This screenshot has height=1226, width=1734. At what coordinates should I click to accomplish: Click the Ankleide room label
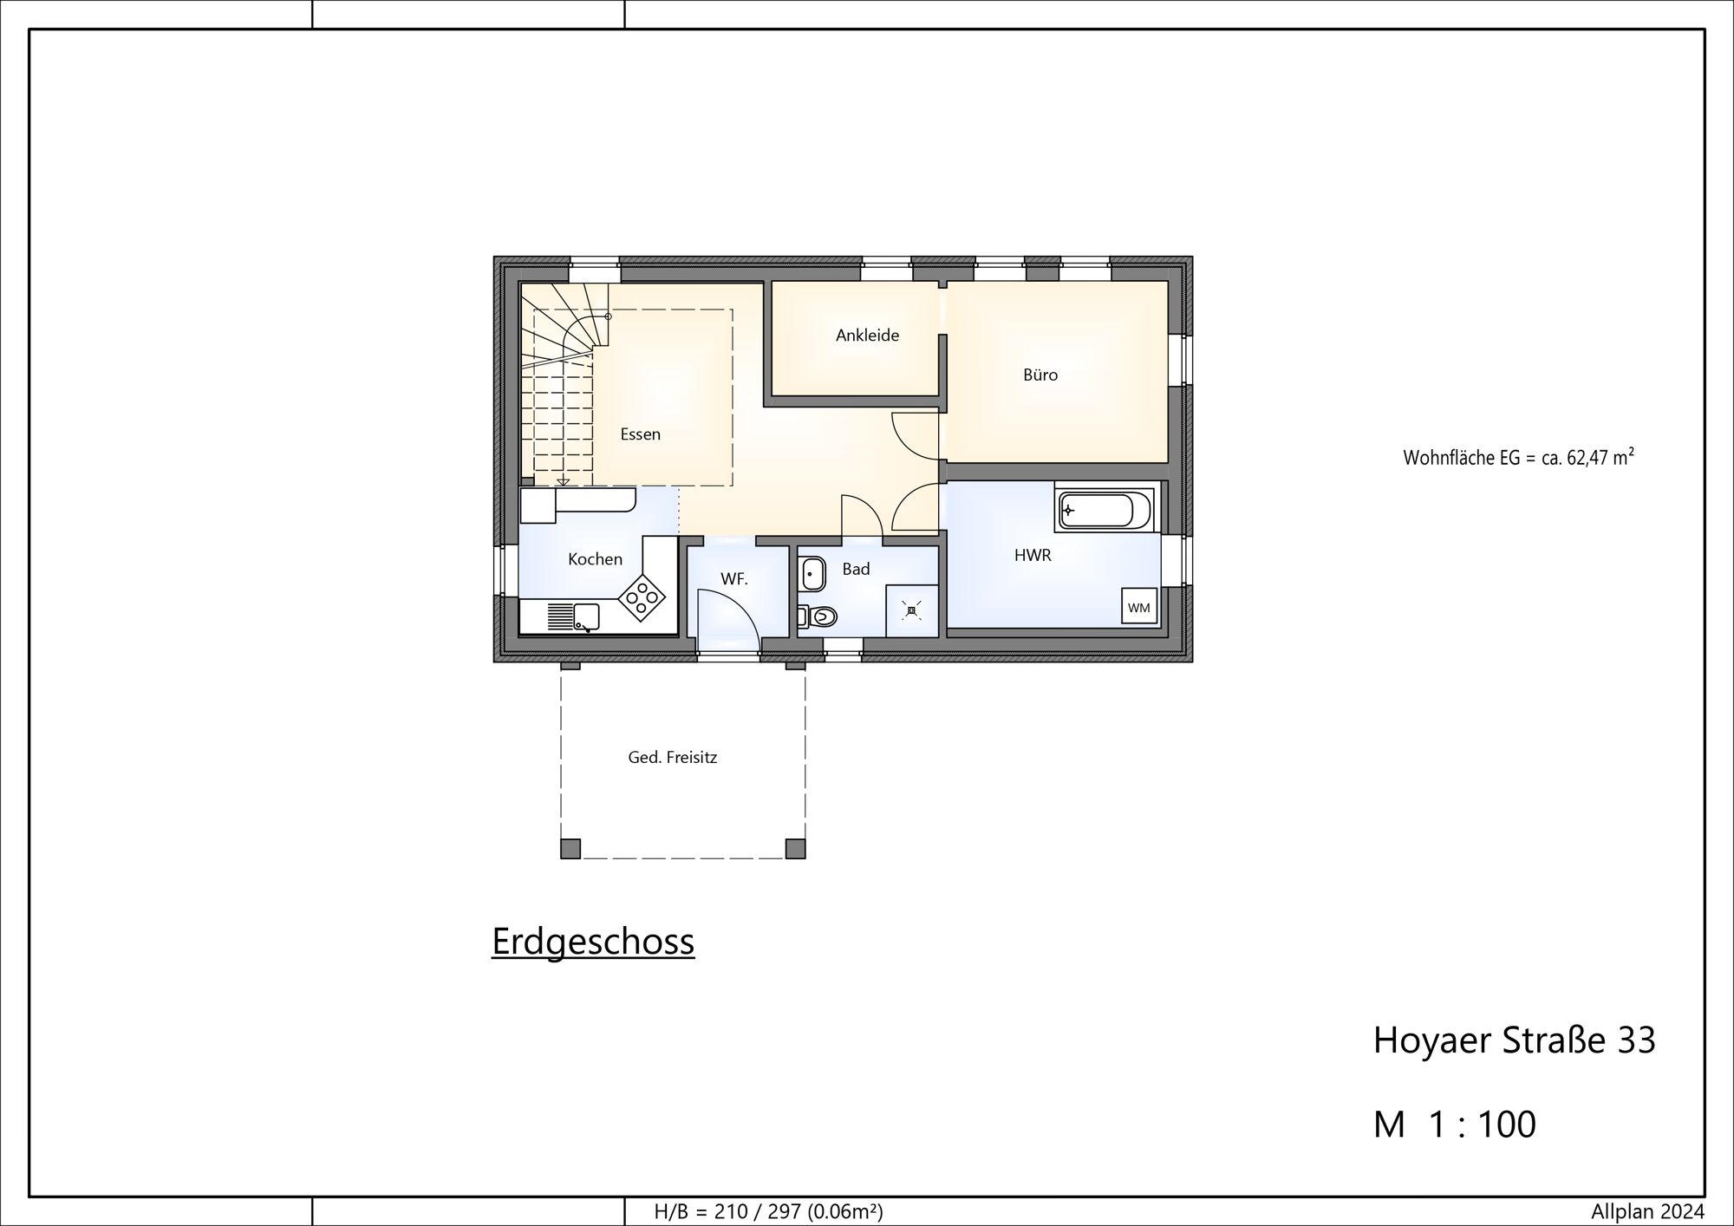point(867,336)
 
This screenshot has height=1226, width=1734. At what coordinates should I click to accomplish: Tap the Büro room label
point(1040,375)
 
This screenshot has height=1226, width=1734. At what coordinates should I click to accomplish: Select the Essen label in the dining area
point(641,434)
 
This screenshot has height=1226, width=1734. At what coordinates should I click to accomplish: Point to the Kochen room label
point(595,559)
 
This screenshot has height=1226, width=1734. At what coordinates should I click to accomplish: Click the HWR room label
point(1033,556)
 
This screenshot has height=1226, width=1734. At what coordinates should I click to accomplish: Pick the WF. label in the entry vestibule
point(733,579)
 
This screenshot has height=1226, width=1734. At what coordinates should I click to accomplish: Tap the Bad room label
point(856,569)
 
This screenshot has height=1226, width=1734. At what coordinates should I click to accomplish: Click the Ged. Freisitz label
point(673,757)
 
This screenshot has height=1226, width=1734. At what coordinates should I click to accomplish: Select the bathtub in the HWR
point(1105,511)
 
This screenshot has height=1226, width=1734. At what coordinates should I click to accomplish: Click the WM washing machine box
point(1139,607)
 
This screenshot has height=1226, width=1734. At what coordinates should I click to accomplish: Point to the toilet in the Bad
point(817,616)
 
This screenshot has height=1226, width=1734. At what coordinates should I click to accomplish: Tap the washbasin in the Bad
point(812,573)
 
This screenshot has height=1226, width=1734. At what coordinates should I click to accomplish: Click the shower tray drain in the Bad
point(910,611)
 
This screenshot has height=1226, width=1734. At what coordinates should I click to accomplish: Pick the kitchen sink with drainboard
point(573,617)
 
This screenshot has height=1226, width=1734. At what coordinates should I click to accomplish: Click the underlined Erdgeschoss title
point(593,942)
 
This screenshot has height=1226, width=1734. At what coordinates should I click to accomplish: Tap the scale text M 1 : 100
point(1454,1124)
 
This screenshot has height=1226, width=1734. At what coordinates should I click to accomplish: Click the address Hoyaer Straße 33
point(1514,1040)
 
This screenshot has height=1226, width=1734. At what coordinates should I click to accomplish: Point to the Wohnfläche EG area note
point(1518,457)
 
